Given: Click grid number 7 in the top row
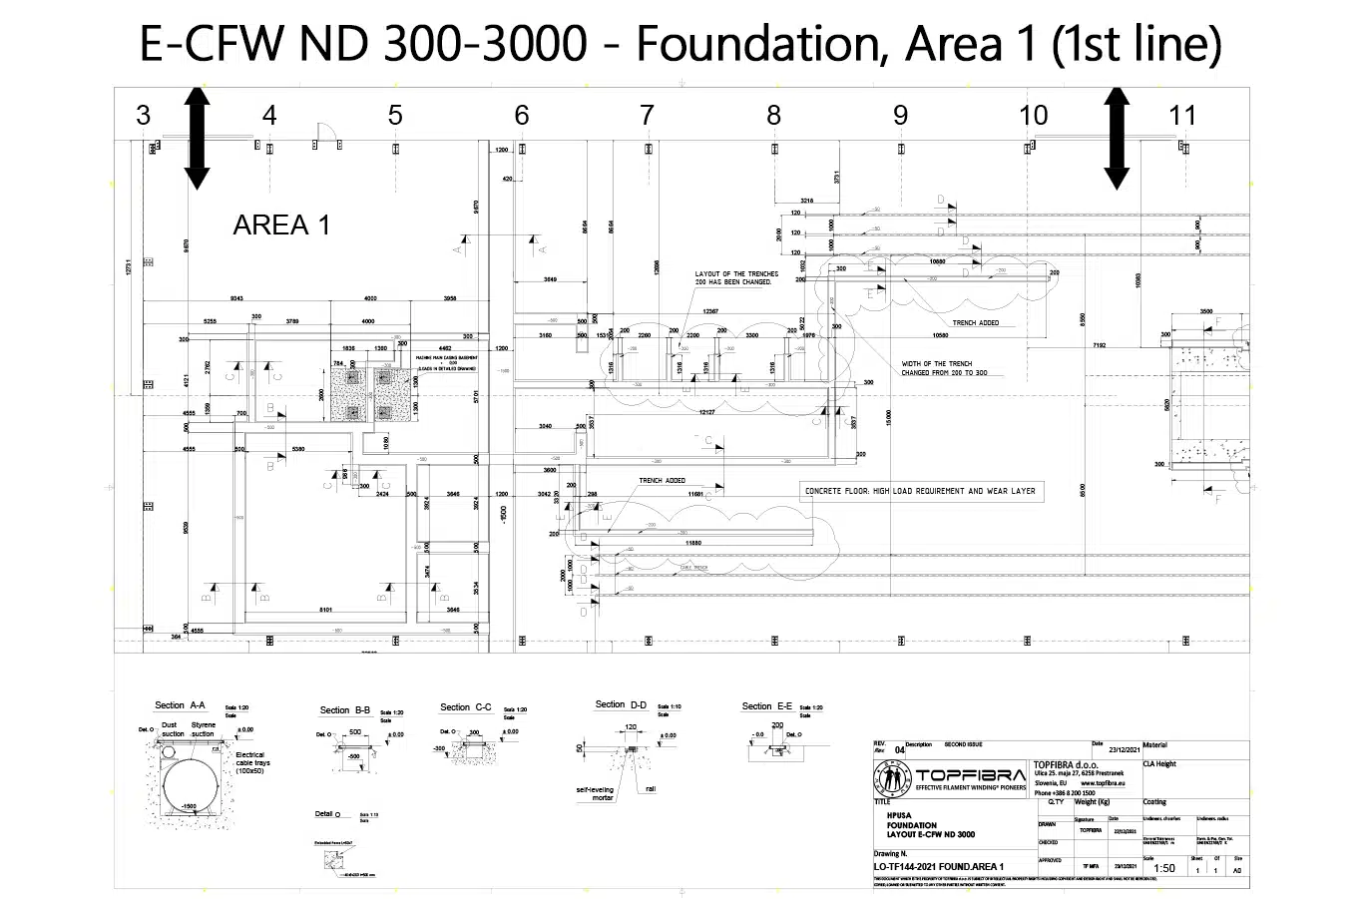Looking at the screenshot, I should click(x=647, y=116).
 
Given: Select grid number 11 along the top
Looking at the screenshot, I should click(x=1181, y=116).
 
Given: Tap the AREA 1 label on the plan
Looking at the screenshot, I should click(x=281, y=225).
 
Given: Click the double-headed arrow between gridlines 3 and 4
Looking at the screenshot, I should click(x=197, y=138).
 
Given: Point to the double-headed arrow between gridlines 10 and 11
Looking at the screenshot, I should click(x=1116, y=138).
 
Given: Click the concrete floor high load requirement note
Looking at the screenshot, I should click(x=920, y=491).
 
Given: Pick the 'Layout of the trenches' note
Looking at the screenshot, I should click(x=732, y=277).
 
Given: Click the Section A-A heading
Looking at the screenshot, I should click(x=180, y=706).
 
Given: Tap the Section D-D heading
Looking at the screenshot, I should click(x=621, y=704).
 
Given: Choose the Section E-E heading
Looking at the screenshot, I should click(x=766, y=706).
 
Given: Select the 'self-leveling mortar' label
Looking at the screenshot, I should click(x=594, y=793).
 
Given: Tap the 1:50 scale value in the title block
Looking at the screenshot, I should click(x=1163, y=869).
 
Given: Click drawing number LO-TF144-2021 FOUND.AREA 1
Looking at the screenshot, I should click(x=938, y=867).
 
